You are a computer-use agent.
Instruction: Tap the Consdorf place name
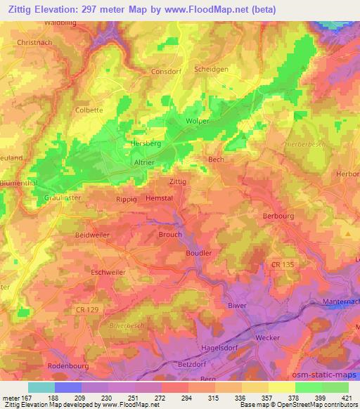click(167, 72)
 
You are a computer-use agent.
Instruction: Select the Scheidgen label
click(212, 70)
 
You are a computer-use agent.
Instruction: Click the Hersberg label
click(127, 143)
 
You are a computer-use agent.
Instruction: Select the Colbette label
click(89, 110)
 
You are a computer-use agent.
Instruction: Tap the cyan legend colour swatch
click(41, 387)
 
